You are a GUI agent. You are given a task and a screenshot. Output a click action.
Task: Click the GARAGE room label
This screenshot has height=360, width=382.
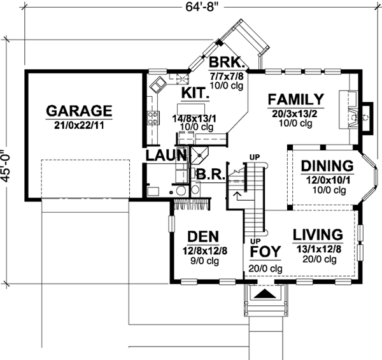[x=79, y=110]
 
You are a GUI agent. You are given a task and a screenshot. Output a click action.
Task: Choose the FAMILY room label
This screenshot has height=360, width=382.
[x=296, y=100]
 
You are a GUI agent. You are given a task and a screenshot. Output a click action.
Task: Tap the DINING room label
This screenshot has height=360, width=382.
[x=327, y=166]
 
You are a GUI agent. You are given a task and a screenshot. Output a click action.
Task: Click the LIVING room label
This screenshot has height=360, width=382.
[x=318, y=234]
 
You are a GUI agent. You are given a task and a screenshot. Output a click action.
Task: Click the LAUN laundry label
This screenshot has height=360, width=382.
[x=166, y=155]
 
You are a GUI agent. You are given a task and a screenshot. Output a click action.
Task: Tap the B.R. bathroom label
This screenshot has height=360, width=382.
[x=208, y=173]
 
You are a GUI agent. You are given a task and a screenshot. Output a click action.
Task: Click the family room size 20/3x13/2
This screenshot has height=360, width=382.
[x=296, y=113]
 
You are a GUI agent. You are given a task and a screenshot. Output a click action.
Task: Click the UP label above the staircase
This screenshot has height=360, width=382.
[x=255, y=157]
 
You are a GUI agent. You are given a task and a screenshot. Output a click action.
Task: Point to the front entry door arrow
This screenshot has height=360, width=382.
[x=265, y=294]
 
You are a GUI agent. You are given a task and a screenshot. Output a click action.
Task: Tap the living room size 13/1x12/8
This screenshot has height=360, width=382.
[x=318, y=248]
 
